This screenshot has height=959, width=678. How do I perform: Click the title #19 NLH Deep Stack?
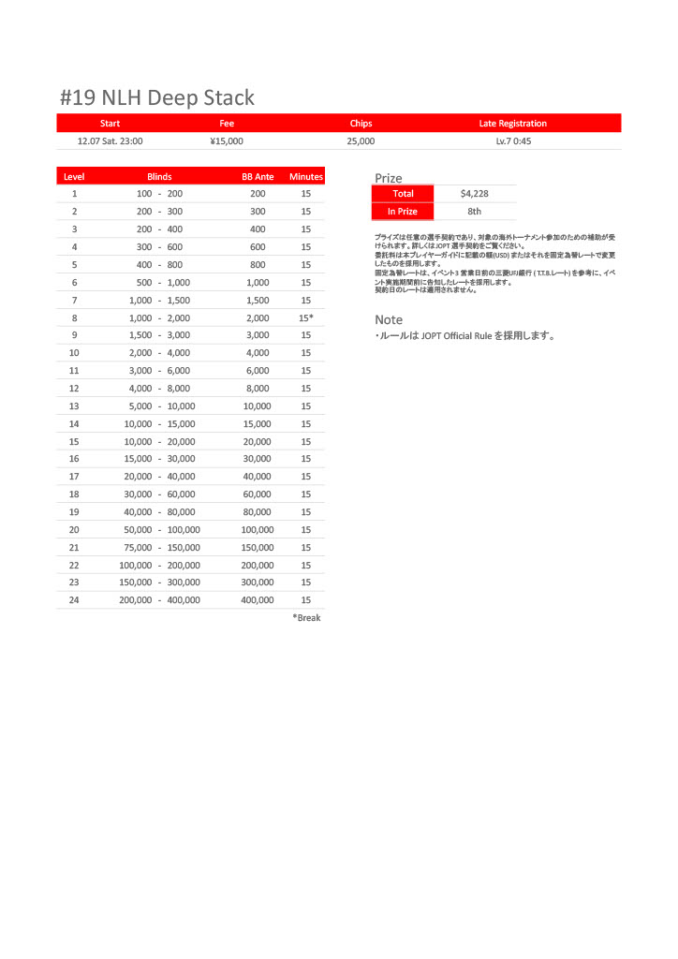[156, 98]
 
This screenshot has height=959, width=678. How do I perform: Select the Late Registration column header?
[512, 124]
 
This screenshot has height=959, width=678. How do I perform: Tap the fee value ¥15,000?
[227, 141]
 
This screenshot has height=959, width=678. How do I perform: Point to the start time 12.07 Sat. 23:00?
[111, 141]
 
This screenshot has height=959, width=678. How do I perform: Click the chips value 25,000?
[361, 141]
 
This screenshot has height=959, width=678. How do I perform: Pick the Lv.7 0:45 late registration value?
[513, 141]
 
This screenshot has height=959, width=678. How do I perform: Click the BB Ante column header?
[258, 176]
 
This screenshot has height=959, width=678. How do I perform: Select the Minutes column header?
[306, 176]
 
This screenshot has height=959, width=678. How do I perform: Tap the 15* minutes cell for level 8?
[306, 318]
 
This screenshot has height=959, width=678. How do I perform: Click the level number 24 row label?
[74, 600]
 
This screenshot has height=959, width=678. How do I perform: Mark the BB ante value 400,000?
[258, 600]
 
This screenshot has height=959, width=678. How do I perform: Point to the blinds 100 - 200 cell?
[159, 194]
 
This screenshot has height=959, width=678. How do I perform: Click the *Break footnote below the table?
[306, 618]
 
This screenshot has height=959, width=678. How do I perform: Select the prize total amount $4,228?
[475, 194]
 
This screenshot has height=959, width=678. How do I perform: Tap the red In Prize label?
[403, 212]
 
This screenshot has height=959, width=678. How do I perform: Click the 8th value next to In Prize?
[475, 212]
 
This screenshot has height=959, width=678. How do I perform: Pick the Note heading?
[389, 320]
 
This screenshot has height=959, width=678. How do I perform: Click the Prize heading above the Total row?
[389, 178]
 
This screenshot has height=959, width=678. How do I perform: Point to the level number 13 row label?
[74, 406]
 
